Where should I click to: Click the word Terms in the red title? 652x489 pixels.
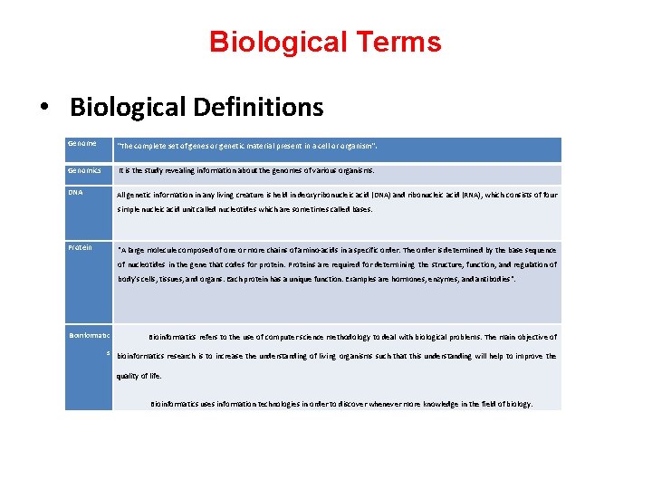[x=398, y=43]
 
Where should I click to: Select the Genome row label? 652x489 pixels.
[x=81, y=143]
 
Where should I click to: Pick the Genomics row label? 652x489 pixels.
[x=85, y=170]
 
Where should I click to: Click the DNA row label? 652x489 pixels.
[x=76, y=192]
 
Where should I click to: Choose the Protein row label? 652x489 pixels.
[x=80, y=246]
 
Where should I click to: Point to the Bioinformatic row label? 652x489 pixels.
[x=90, y=336]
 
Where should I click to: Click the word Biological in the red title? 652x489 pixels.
[x=279, y=43]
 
